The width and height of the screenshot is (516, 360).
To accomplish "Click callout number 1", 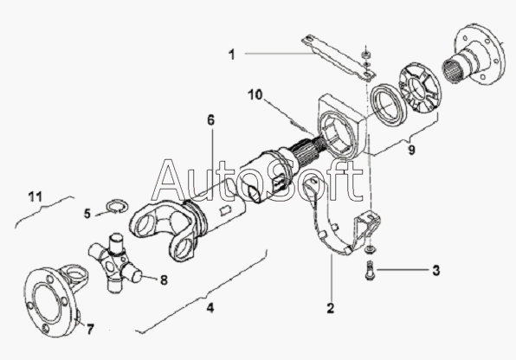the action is tap(232, 55).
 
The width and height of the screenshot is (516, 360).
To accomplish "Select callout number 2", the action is tap(331, 308).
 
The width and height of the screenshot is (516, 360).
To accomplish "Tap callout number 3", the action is tap(436, 271).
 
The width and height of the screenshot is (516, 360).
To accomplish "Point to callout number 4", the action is tap(210, 308).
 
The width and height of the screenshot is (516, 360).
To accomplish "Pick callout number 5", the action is tap(87, 214).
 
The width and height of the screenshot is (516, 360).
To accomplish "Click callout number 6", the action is tap(210, 120).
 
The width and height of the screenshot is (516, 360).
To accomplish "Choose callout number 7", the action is tap(90, 329).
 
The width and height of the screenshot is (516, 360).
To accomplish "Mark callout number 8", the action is tap(164, 280).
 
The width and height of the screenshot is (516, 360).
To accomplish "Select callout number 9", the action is tap(411, 150).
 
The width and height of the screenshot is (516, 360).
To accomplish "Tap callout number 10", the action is tap(255, 95).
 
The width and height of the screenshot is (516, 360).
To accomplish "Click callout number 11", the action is tap(35, 196).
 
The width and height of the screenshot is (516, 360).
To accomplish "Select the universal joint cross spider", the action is tap(115, 261).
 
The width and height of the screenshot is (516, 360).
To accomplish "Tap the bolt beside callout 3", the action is tap(370, 271).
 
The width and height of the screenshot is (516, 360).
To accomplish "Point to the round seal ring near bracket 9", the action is tap(388, 105).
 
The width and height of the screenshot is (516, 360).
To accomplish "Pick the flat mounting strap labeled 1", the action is tap(339, 58).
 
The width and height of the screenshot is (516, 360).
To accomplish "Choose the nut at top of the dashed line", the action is tap(365, 54).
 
